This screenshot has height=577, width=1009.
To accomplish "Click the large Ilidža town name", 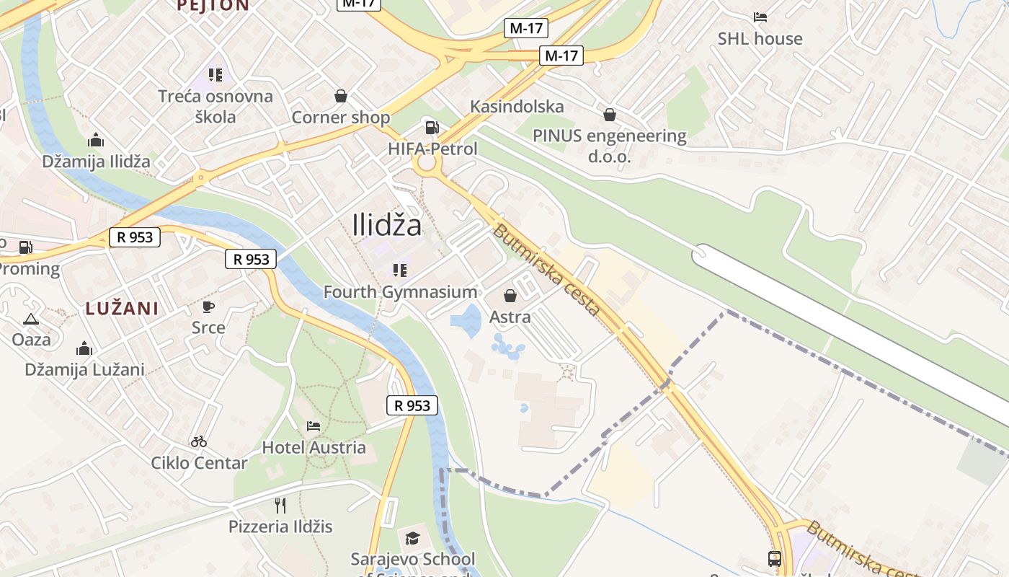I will click(387, 226).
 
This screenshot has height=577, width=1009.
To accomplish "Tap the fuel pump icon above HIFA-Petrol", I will click(432, 128).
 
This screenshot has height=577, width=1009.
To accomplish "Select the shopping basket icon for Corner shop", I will click(340, 96).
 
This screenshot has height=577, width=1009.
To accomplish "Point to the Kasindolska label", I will click(517, 107).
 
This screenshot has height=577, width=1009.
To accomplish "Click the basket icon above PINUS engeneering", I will click(610, 114).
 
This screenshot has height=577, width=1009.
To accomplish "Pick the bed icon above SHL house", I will click(760, 17).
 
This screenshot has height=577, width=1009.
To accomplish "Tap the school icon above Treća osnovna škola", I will click(215, 75).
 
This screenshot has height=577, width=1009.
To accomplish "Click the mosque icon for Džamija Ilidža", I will click(95, 141).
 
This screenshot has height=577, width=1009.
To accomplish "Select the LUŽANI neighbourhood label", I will click(122, 309).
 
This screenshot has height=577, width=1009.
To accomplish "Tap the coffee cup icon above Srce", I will click(208, 307).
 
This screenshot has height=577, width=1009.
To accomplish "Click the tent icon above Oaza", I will click(31, 319).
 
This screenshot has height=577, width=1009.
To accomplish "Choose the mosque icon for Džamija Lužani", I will click(84, 348).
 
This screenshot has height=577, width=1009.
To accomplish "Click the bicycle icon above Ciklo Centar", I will click(199, 441).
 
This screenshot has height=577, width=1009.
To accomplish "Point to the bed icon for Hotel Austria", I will click(314, 426).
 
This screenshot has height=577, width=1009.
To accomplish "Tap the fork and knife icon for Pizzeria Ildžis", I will click(280, 505).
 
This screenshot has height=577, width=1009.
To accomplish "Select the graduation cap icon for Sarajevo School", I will click(412, 538).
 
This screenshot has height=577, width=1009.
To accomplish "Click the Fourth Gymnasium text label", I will click(400, 292).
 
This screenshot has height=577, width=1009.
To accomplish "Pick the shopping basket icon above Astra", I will click(510, 296).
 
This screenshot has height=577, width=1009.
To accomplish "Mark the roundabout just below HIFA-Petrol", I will click(427, 164).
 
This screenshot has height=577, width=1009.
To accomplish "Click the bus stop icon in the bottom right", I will click(774, 559).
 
